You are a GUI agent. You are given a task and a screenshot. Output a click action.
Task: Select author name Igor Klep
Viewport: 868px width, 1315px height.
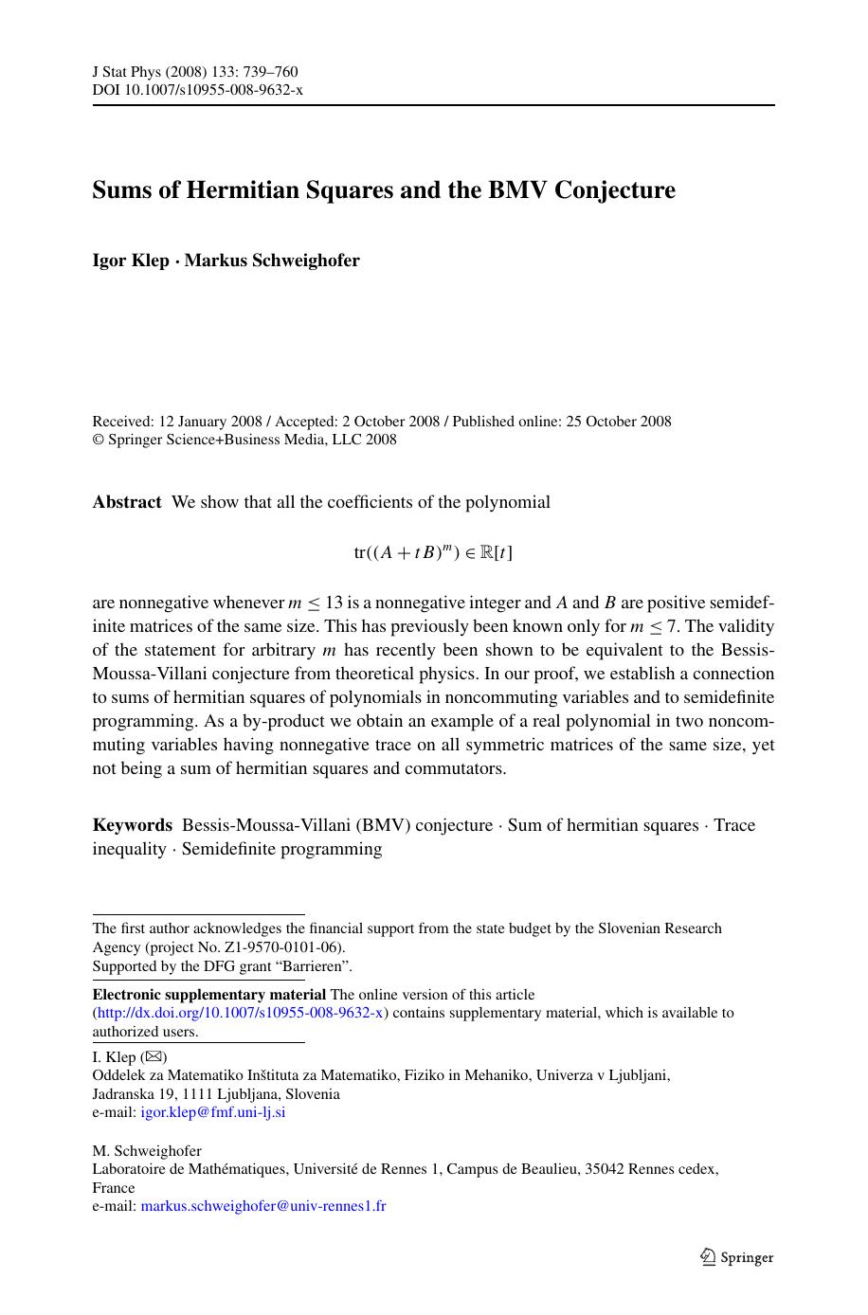click(130, 261)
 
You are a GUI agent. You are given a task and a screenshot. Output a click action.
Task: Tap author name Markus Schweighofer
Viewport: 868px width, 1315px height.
click(272, 261)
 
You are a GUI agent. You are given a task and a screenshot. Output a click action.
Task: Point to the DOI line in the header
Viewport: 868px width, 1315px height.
click(197, 90)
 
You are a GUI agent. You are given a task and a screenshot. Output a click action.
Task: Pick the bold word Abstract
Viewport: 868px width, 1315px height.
click(126, 502)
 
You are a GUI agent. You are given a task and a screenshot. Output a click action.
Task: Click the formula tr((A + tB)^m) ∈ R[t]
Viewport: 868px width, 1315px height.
click(433, 552)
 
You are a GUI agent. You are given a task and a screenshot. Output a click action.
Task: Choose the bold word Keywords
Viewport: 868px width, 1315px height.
click(132, 825)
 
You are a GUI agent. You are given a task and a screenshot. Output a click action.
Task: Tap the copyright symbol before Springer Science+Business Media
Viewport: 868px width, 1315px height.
click(97, 440)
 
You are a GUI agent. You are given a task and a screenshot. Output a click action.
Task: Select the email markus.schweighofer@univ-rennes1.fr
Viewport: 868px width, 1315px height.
click(262, 1206)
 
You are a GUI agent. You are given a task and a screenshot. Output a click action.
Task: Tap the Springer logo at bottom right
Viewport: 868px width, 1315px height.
click(737, 1257)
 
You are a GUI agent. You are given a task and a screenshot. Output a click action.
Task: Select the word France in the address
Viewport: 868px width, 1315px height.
click(114, 1188)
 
